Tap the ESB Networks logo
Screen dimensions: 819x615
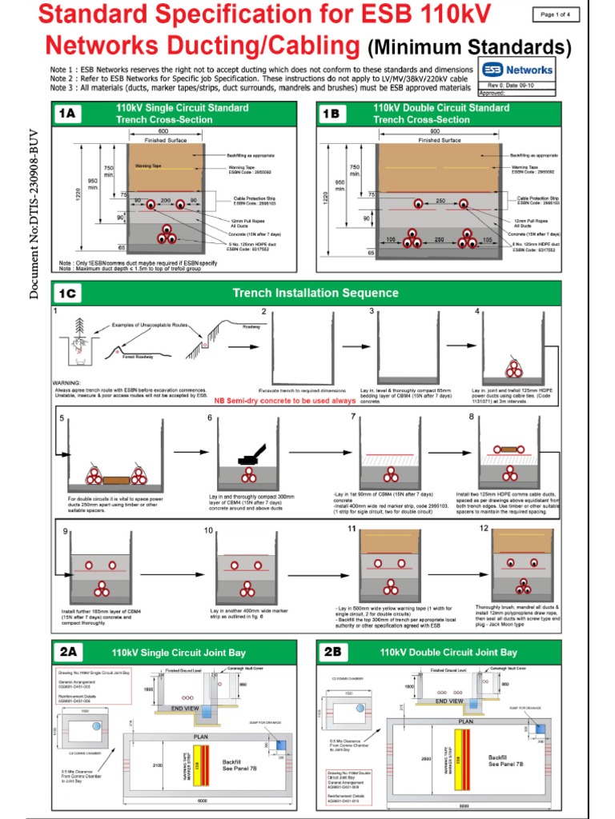click(517, 70)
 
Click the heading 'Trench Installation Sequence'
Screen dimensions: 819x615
click(315, 293)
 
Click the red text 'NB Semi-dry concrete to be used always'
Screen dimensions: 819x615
click(283, 400)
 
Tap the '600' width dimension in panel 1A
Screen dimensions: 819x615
click(163, 130)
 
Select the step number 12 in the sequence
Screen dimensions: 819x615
click(484, 529)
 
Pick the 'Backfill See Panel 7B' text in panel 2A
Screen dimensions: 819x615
click(239, 765)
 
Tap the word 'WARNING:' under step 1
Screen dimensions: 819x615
click(66, 383)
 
